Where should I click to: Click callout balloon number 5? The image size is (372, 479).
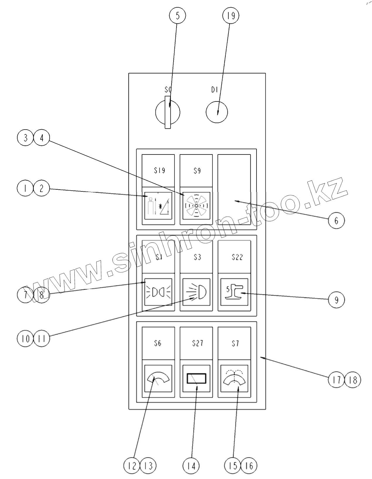[x=177, y=16]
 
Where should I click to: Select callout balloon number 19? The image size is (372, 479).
[x=231, y=16]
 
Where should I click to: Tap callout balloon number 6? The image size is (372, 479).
[x=336, y=220]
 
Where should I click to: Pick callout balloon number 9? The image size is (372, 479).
[x=336, y=300]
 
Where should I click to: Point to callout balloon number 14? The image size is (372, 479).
[x=191, y=466]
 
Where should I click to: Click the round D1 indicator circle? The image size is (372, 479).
[x=217, y=112]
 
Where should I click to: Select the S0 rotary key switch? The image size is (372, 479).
[x=167, y=112]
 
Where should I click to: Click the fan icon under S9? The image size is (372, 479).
[x=196, y=206]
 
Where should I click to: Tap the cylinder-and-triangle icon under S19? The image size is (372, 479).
[x=158, y=206]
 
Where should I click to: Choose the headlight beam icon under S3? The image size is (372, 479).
[x=196, y=292]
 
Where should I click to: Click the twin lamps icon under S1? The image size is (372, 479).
[x=158, y=292]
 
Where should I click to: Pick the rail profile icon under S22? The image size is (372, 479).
[x=234, y=292]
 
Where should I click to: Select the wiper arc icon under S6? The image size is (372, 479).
[x=158, y=379]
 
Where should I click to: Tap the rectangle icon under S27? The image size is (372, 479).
[x=196, y=379]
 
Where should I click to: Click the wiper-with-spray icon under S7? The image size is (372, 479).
[x=234, y=379]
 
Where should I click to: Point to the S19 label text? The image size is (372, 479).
[x=159, y=170]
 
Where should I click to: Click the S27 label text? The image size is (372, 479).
[x=198, y=343]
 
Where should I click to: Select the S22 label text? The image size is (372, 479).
[x=237, y=257]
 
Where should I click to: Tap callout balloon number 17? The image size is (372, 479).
[x=337, y=380]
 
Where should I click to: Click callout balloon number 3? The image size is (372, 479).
[x=26, y=137]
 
